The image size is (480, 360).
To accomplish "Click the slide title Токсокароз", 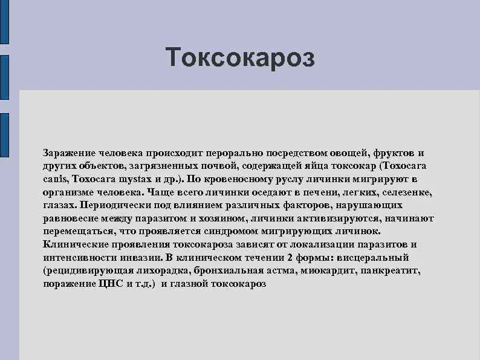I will pos(240,59).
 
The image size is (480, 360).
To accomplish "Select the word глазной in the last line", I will pos(187,284).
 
